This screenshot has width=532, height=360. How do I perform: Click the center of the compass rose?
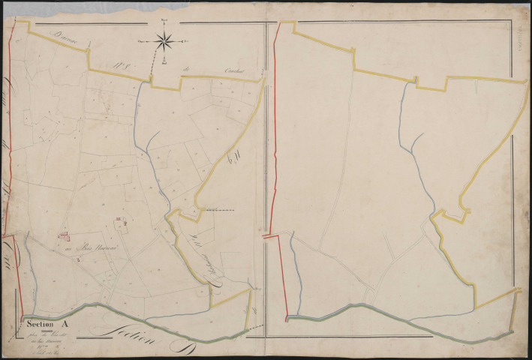pos(165,41)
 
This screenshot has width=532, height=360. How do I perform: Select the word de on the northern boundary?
pos(185,72)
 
